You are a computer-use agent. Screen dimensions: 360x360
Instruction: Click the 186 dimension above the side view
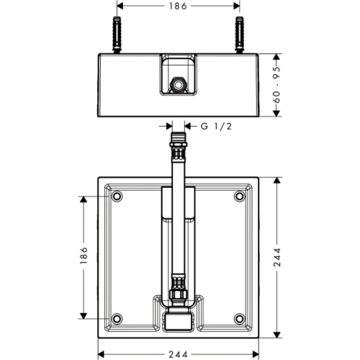tap(179, 6)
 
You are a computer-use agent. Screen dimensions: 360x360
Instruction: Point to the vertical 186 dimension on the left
tap(83, 257)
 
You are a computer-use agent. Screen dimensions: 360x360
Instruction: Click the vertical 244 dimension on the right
tap(277, 256)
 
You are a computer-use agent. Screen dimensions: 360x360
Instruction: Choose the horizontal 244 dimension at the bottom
tap(179, 354)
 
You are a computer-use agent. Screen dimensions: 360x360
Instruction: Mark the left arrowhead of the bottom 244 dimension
tap(100, 354)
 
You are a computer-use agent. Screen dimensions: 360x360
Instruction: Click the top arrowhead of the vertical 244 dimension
tap(277, 176)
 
